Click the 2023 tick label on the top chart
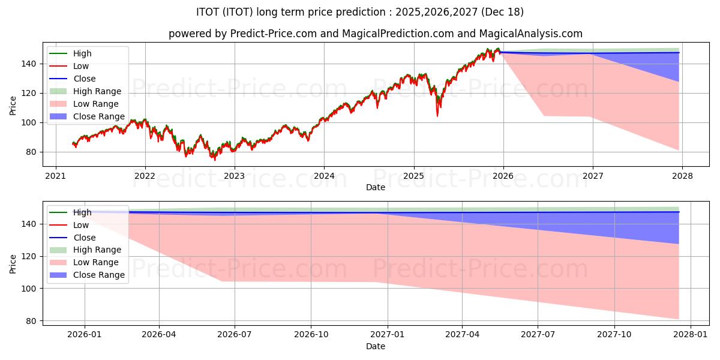tap(234, 176)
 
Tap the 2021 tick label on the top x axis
tap(56, 176)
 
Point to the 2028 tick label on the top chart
tap(682, 176)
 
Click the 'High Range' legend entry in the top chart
tap(97, 91)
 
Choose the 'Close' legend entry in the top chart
tap(84, 79)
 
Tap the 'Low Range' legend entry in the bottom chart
tap(96, 262)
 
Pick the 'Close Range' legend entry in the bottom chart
tap(99, 275)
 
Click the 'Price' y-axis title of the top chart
tap(13, 106)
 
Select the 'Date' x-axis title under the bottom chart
tap(376, 346)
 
